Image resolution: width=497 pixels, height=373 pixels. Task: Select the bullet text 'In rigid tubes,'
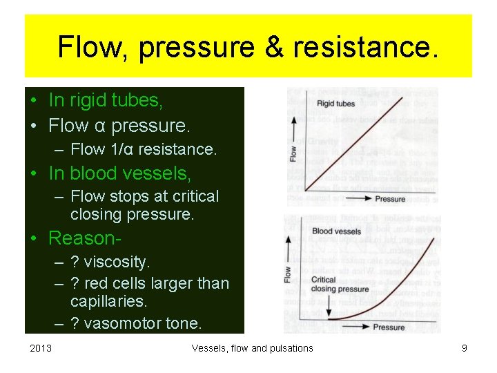click(x=106, y=101)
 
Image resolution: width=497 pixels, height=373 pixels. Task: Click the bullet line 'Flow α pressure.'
click(x=119, y=126)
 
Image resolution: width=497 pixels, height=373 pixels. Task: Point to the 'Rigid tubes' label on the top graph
click(x=335, y=104)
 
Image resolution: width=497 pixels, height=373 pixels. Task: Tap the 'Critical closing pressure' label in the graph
click(x=340, y=285)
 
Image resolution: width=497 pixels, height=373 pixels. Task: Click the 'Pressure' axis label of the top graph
click(x=390, y=199)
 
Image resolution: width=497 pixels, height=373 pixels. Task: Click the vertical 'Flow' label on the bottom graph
click(x=287, y=274)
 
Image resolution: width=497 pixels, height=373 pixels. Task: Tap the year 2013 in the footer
click(x=41, y=348)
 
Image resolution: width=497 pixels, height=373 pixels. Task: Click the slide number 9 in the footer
click(x=464, y=348)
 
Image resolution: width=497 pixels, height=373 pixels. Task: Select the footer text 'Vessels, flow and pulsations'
click(x=252, y=348)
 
